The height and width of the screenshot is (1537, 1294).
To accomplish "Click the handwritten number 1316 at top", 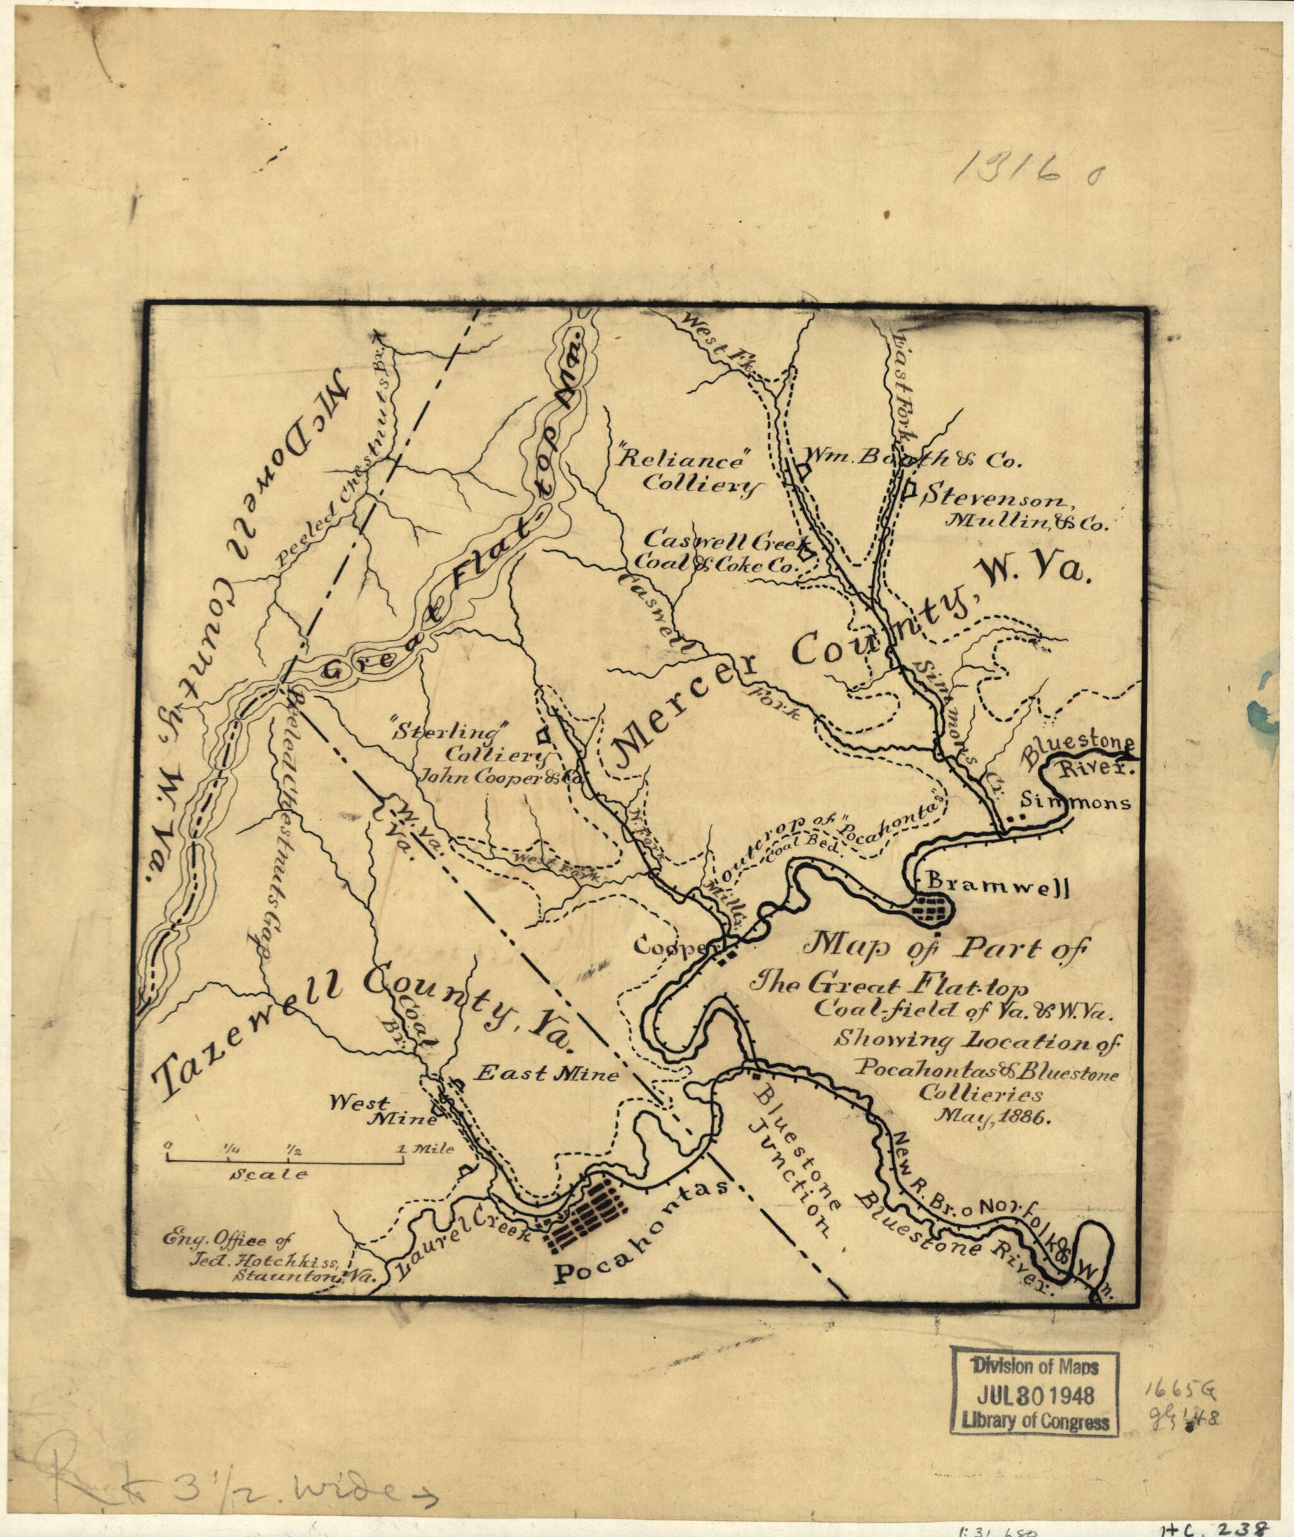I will pyautogui.click(x=1023, y=175).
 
